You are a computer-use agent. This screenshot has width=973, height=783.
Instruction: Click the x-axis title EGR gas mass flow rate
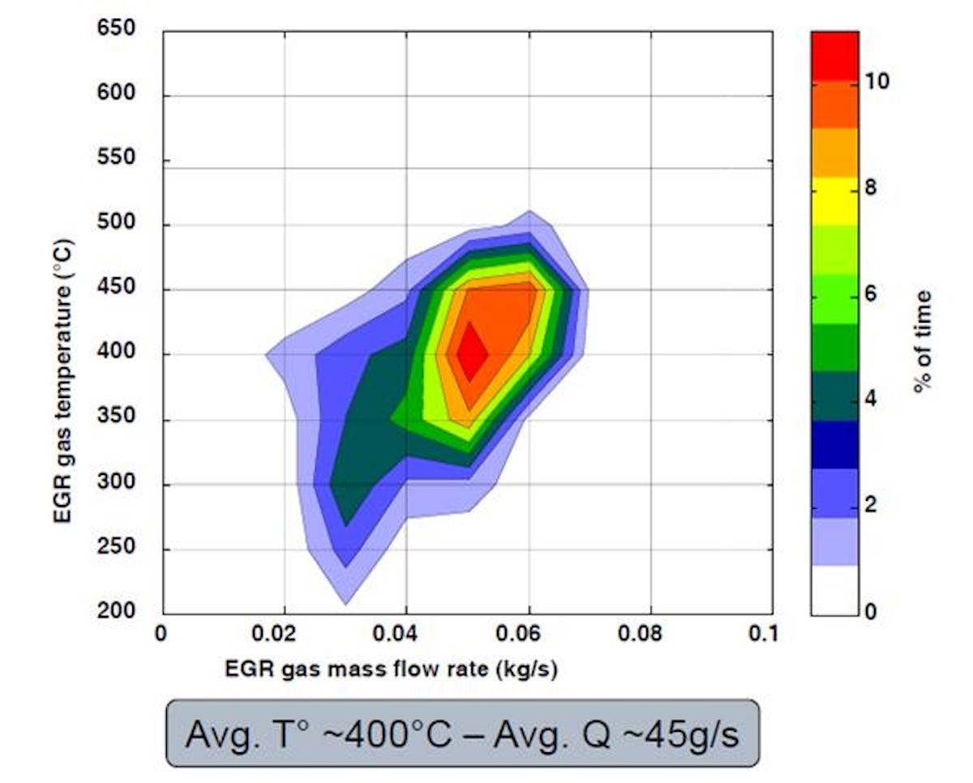(x=392, y=670)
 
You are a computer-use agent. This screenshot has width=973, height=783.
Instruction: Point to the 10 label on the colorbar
(x=877, y=82)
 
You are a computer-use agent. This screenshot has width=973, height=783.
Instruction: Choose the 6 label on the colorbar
(x=872, y=293)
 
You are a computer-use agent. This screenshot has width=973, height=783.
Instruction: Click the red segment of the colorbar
(x=834, y=55)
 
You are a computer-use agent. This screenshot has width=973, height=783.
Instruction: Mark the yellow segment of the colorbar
(x=834, y=201)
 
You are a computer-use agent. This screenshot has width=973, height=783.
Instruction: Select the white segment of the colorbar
(x=834, y=590)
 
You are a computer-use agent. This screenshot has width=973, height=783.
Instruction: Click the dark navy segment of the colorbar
(x=834, y=444)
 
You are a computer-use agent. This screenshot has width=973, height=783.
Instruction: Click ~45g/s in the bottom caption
(x=669, y=734)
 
